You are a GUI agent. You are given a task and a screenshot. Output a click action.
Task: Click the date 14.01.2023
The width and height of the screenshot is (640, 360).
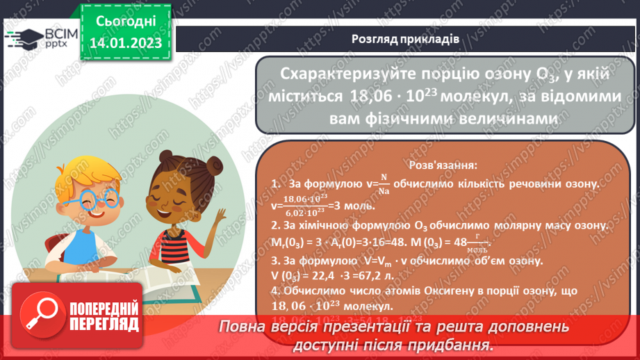coord(125,42)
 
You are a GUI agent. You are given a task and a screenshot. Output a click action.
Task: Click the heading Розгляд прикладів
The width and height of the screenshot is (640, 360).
coord(404,40)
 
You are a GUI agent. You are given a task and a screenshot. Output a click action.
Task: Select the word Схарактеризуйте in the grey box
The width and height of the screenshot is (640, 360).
coord(336,75)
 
